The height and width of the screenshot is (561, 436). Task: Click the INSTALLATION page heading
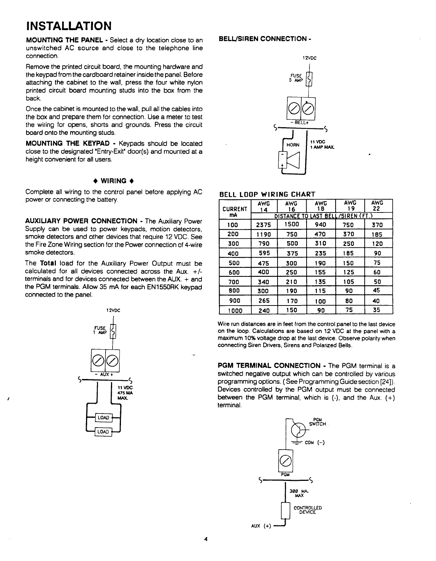(x=68, y=26)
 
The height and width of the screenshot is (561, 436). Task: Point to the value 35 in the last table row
(x=377, y=310)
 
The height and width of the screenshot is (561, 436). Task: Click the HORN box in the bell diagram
(x=293, y=145)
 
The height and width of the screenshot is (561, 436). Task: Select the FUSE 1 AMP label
(x=100, y=330)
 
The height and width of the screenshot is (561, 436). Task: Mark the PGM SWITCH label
(x=317, y=422)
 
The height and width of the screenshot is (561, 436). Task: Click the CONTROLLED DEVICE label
(x=308, y=510)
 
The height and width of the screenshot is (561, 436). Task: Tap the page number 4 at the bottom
(x=206, y=539)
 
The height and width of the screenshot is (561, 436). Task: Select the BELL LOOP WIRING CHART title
(x=267, y=194)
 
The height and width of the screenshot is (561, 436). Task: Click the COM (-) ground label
(x=314, y=443)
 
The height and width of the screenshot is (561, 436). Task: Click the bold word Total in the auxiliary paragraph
(x=47, y=263)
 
